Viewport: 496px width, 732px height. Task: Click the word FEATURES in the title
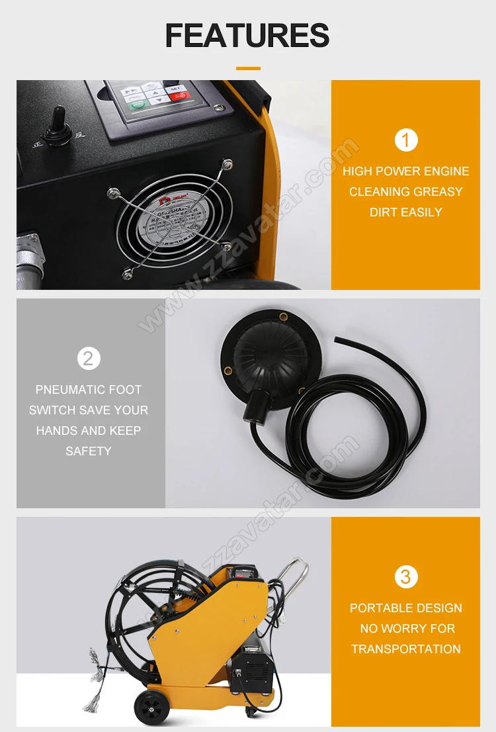tap(247, 36)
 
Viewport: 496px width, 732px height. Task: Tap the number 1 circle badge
tap(406, 140)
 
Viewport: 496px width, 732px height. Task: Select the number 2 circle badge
tap(89, 359)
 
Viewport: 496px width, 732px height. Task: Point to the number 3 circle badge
tap(405, 576)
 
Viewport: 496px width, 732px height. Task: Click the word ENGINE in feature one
tap(447, 171)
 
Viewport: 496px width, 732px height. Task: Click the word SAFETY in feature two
tap(89, 451)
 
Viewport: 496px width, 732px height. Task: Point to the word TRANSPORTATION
tap(405, 649)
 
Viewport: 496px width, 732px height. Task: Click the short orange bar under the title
tap(248, 68)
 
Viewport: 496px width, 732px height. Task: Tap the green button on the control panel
tap(138, 104)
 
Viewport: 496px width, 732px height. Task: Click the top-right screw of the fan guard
tap(227, 163)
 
